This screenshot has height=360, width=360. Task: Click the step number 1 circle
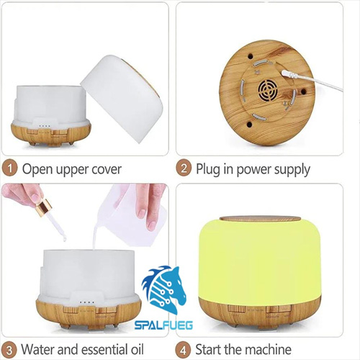point(9,168)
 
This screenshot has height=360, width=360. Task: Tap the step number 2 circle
point(184,168)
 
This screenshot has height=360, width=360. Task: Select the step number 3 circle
point(9,350)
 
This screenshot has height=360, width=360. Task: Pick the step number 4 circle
point(183,350)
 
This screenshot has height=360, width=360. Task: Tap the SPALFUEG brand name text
point(163,325)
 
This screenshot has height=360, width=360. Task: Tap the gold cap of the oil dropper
point(44,207)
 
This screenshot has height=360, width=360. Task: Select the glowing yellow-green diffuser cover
point(260,261)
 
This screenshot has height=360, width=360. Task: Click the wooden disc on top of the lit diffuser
point(260,219)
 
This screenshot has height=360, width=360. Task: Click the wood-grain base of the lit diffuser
point(260,312)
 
